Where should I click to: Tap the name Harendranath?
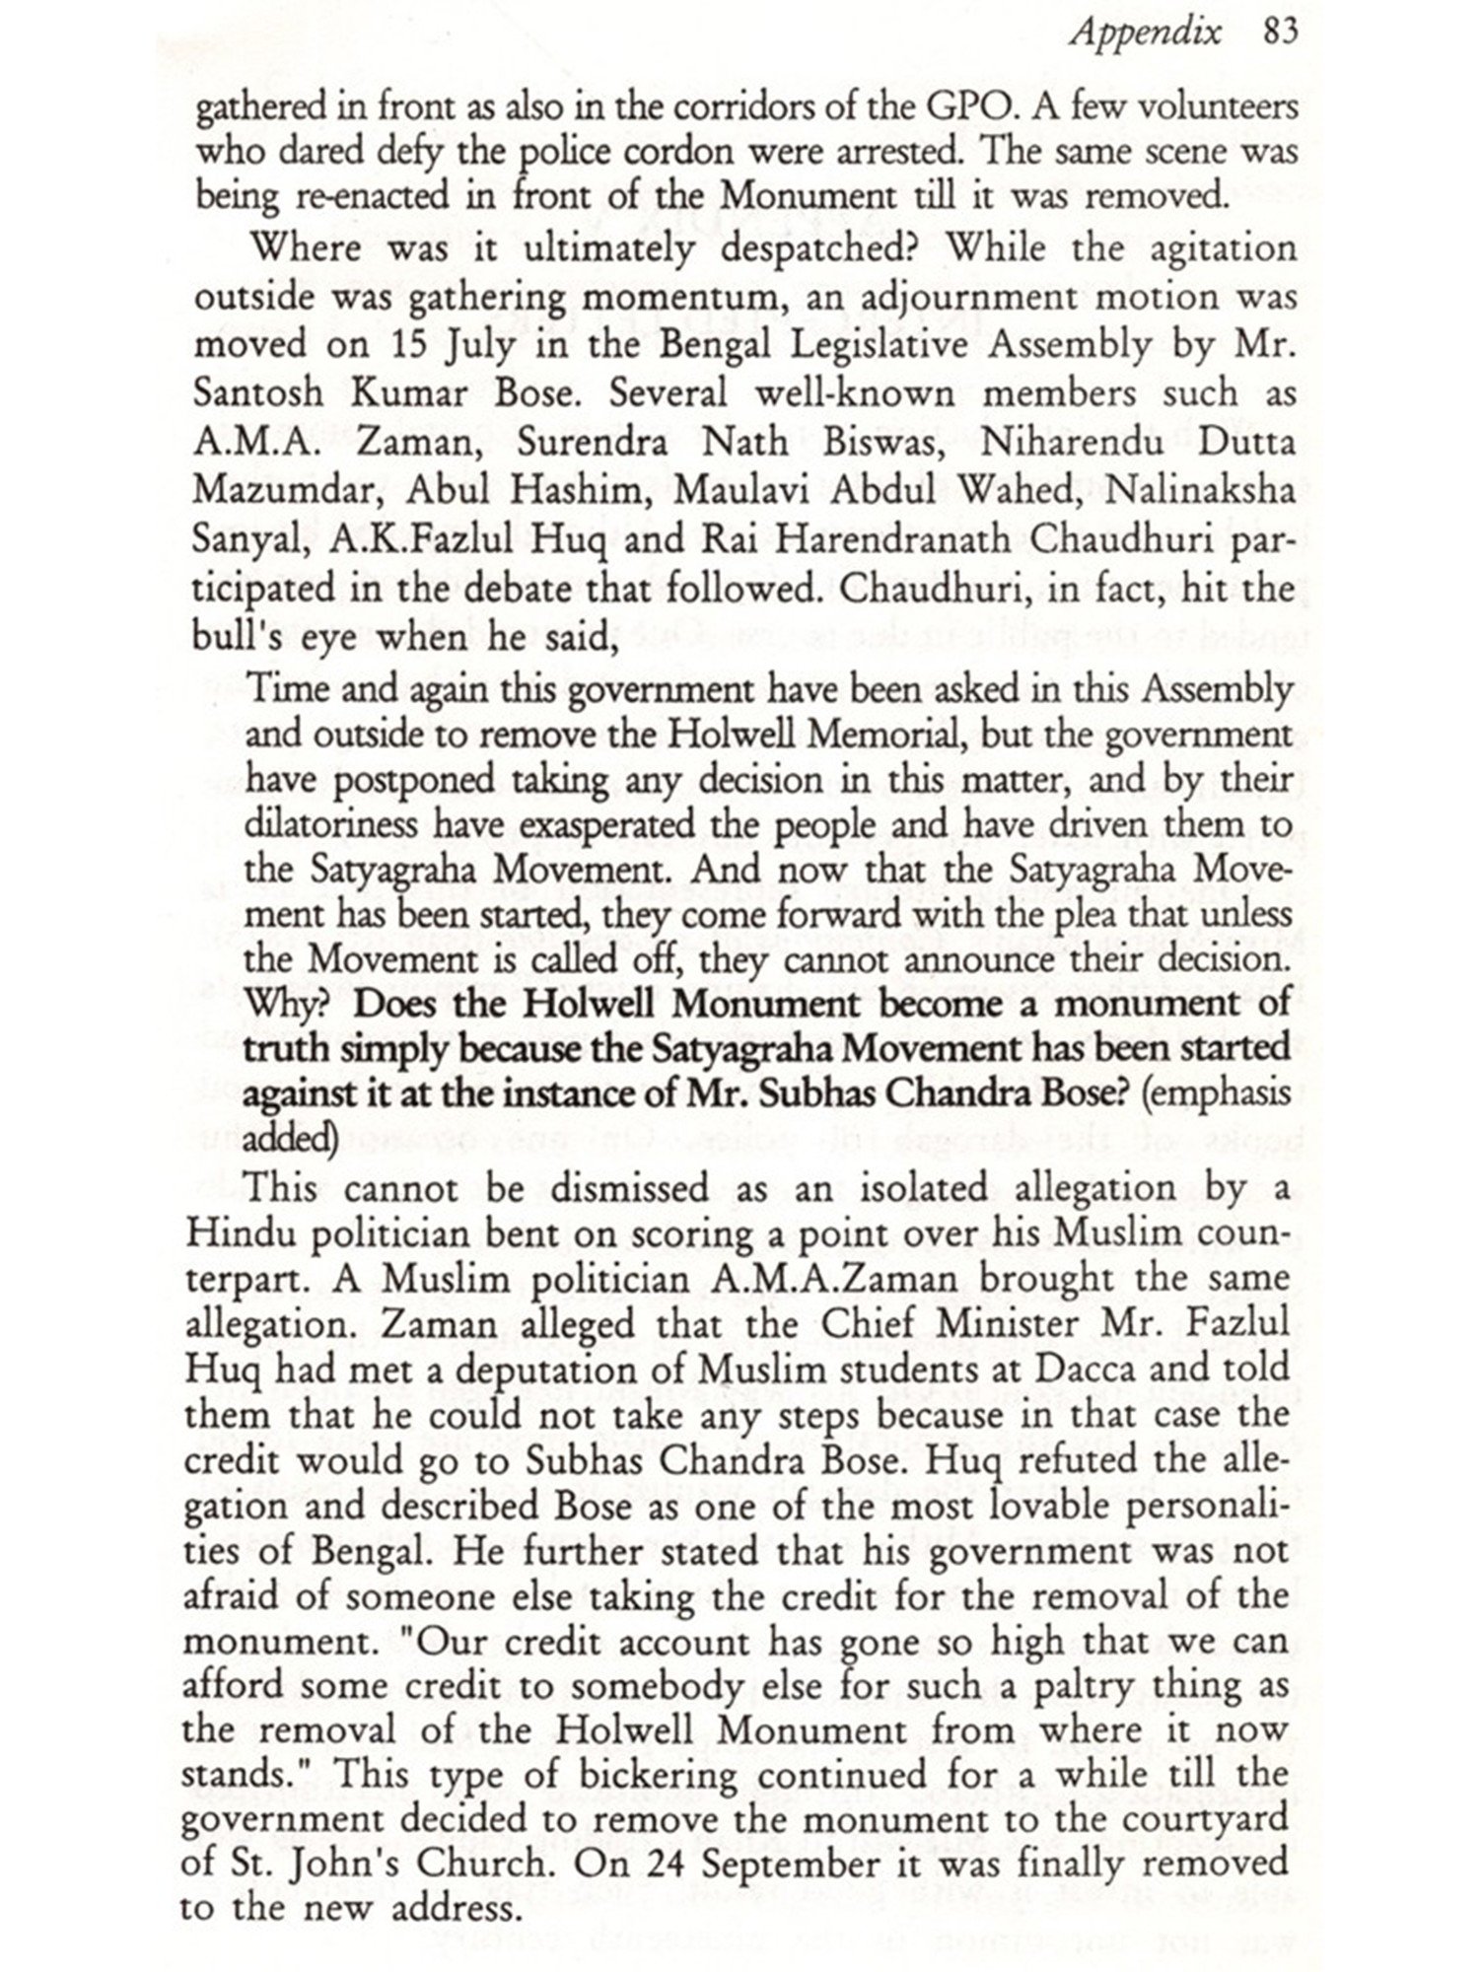(x=881, y=539)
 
